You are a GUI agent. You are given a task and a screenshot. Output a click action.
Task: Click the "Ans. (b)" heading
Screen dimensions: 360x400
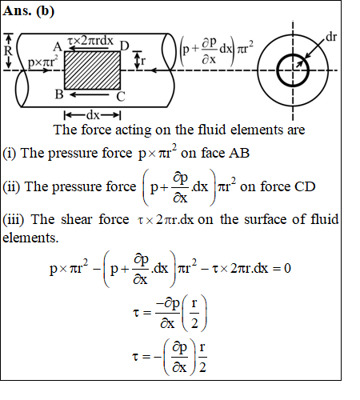click(29, 11)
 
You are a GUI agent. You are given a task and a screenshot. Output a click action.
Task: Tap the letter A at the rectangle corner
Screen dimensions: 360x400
click(58, 47)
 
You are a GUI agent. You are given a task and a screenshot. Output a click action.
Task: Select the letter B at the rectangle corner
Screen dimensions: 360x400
click(59, 94)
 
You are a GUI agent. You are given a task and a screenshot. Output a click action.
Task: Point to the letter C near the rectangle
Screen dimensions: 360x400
click(121, 97)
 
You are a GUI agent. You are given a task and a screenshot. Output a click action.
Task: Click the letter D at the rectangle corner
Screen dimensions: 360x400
click(124, 46)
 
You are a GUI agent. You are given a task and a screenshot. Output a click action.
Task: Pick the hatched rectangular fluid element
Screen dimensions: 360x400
click(92, 70)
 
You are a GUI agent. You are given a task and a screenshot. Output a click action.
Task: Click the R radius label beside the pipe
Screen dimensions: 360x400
click(8, 50)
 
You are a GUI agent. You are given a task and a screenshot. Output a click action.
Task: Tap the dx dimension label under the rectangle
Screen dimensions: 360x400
click(93, 115)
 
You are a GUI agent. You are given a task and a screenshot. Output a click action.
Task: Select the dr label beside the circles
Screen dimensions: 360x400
click(331, 38)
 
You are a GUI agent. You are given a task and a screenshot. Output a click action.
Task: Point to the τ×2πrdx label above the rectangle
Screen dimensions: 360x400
click(90, 41)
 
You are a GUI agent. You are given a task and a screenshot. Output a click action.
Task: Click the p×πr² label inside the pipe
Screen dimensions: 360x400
click(43, 62)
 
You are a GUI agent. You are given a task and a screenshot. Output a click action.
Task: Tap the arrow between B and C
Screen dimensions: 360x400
click(89, 94)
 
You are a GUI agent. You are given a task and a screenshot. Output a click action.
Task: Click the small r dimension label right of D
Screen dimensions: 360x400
click(143, 62)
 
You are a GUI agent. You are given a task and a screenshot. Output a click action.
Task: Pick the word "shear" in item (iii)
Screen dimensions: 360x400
click(76, 219)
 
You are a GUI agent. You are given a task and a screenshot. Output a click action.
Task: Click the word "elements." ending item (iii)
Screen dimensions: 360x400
click(30, 238)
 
